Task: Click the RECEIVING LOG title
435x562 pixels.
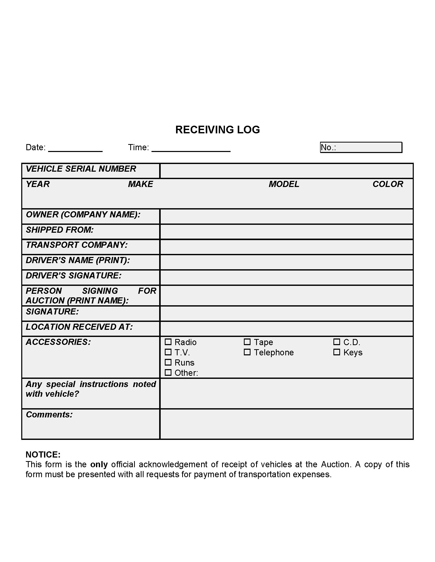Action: (x=217, y=130)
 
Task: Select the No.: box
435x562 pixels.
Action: (x=361, y=147)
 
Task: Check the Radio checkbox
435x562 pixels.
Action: (x=168, y=342)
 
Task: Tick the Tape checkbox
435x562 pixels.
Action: (x=247, y=342)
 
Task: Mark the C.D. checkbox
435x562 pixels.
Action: (x=336, y=342)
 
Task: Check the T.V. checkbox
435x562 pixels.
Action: (x=168, y=352)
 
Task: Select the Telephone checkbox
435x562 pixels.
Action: (x=247, y=352)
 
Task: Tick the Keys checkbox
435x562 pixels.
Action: (x=336, y=352)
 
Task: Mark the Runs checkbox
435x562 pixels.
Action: (x=168, y=362)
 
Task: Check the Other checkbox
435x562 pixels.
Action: (x=168, y=373)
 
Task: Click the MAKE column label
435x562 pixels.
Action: (x=140, y=184)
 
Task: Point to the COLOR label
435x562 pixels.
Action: (x=388, y=184)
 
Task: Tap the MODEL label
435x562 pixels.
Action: (x=284, y=184)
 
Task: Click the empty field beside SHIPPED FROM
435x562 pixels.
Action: (x=287, y=232)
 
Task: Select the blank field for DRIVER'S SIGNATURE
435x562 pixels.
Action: (x=287, y=277)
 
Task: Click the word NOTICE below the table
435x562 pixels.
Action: (x=43, y=455)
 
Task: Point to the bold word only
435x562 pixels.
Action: (x=99, y=465)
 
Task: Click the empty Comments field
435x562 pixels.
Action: (x=287, y=424)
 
